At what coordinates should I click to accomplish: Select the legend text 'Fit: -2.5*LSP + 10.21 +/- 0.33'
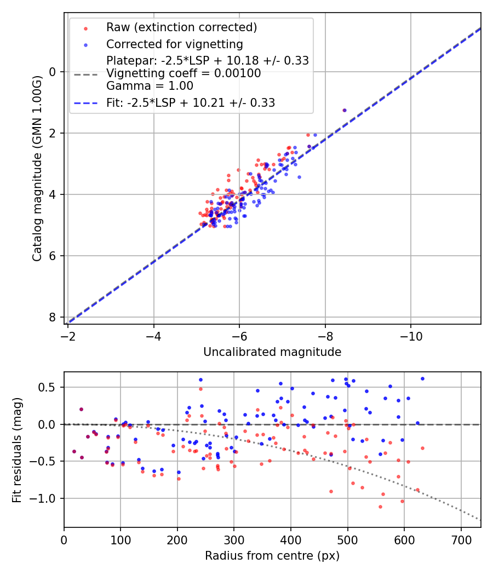[191, 102]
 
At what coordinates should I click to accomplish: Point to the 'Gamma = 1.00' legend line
[150, 85]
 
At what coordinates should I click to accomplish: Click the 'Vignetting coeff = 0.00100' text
[184, 73]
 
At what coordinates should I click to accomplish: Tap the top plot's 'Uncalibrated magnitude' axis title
[272, 352]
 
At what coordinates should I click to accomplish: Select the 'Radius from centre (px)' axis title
[272, 556]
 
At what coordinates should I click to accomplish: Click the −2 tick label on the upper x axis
[68, 335]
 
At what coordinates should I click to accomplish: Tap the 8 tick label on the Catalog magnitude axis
[53, 317]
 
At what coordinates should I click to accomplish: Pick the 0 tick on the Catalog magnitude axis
[53, 72]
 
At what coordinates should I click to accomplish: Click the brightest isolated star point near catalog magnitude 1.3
[344, 110]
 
